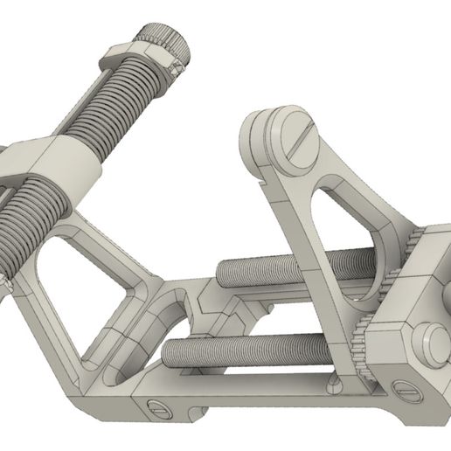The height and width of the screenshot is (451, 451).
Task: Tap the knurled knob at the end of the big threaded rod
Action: click(167, 42)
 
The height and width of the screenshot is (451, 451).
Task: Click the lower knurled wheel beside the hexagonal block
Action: click(360, 350)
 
